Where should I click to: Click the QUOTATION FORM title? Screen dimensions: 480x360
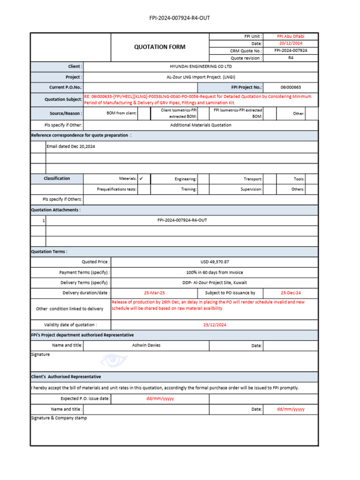click(x=159, y=47)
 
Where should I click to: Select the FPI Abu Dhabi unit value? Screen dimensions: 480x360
click(x=291, y=36)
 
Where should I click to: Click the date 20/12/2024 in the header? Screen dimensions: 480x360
click(x=291, y=43)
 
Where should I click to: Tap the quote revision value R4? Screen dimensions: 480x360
click(x=291, y=58)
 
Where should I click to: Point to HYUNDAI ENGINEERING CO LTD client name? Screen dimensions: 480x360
click(x=200, y=67)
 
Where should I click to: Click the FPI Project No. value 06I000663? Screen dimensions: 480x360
click(x=291, y=87)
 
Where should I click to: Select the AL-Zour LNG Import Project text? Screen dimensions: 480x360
click(x=200, y=77)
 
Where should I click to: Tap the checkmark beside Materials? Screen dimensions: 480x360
click(x=141, y=179)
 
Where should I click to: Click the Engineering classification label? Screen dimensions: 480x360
click(x=186, y=179)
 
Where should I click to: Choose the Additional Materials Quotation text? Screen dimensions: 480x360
click(x=200, y=125)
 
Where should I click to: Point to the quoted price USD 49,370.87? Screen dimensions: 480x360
click(x=215, y=262)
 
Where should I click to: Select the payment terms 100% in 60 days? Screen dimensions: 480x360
click(x=215, y=272)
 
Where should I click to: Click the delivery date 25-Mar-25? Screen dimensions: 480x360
click(x=154, y=292)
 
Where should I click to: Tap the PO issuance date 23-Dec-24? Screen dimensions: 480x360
click(x=291, y=292)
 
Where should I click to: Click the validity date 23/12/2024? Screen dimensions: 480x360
click(x=215, y=325)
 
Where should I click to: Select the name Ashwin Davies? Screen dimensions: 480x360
click(x=146, y=345)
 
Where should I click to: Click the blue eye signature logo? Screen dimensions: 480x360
click(x=114, y=360)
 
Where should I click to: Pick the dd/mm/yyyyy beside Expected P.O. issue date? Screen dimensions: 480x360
click(x=160, y=399)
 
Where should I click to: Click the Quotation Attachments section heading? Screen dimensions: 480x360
click(x=56, y=210)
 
